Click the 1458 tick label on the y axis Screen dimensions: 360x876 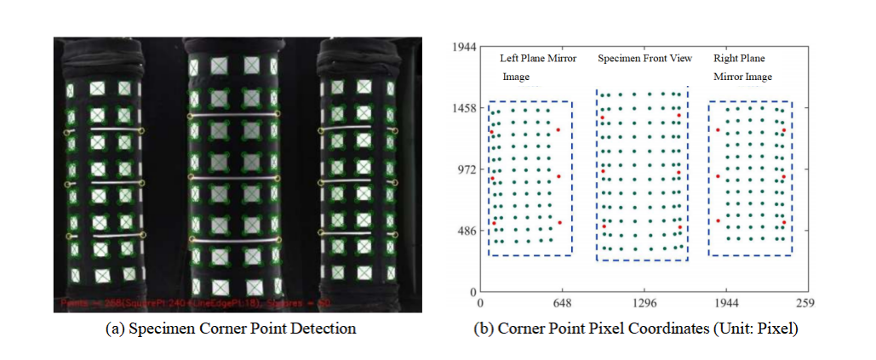coord(463,109)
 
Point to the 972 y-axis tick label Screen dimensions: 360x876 coord(466,170)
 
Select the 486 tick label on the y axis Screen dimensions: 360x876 coord(466,231)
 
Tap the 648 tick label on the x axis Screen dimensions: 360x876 coord(560,302)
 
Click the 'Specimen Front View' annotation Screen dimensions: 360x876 coord(644,59)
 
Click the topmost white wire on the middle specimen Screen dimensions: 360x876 coord(233,114)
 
